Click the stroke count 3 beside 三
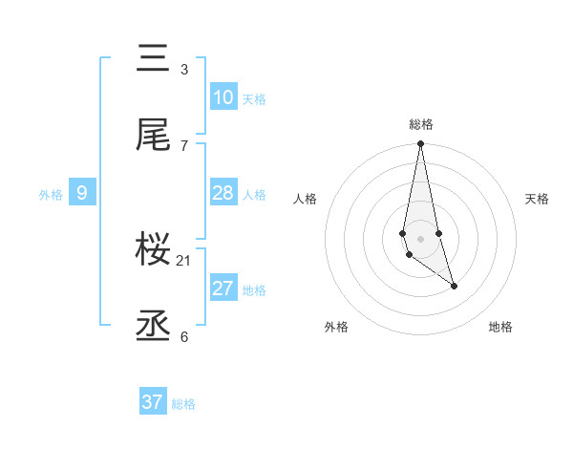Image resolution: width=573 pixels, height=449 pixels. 184,70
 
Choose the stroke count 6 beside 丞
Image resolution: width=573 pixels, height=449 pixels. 184,336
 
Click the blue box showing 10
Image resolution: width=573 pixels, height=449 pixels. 223,97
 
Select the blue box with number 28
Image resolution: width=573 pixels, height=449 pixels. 223,193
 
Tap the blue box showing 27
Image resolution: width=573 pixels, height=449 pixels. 223,289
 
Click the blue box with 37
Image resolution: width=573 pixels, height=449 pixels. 153,402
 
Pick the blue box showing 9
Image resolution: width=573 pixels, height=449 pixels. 82,193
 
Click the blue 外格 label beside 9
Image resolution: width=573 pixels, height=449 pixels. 51,195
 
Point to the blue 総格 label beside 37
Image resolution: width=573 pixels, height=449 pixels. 183,404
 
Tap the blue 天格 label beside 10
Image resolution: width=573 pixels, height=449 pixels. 254,99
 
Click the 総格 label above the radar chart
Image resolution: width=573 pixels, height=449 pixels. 421,124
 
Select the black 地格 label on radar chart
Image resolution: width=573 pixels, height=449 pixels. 500,327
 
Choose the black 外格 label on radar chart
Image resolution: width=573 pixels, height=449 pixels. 336,327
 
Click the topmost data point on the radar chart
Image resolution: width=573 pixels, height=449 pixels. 420,144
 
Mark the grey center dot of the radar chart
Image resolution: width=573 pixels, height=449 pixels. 420,238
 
